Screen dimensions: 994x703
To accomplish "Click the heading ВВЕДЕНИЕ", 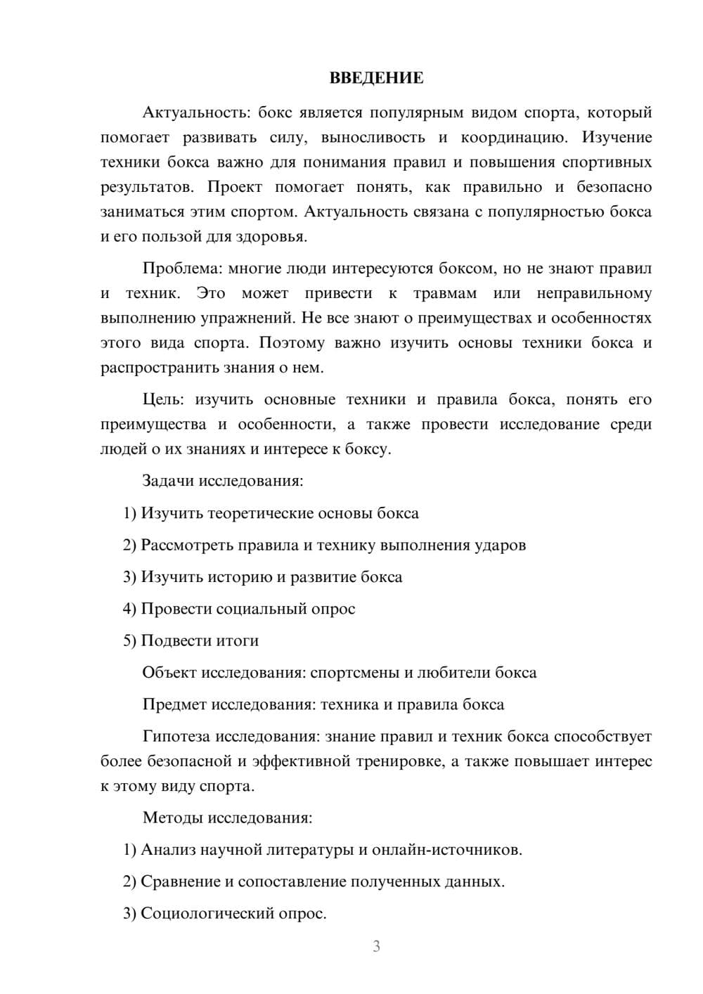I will [376, 78].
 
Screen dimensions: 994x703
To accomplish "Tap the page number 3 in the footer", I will [376, 946].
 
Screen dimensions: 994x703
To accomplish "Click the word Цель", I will [163, 400].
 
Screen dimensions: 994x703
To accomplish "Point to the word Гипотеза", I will [175, 737].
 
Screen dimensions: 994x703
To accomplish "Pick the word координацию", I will [510, 137].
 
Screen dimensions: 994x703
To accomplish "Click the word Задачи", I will [168, 482].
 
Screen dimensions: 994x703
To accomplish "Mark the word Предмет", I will [174, 704].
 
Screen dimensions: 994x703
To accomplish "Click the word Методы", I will [171, 818].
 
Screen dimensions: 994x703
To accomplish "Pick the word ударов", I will [500, 545].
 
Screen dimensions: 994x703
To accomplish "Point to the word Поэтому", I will [292, 343].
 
